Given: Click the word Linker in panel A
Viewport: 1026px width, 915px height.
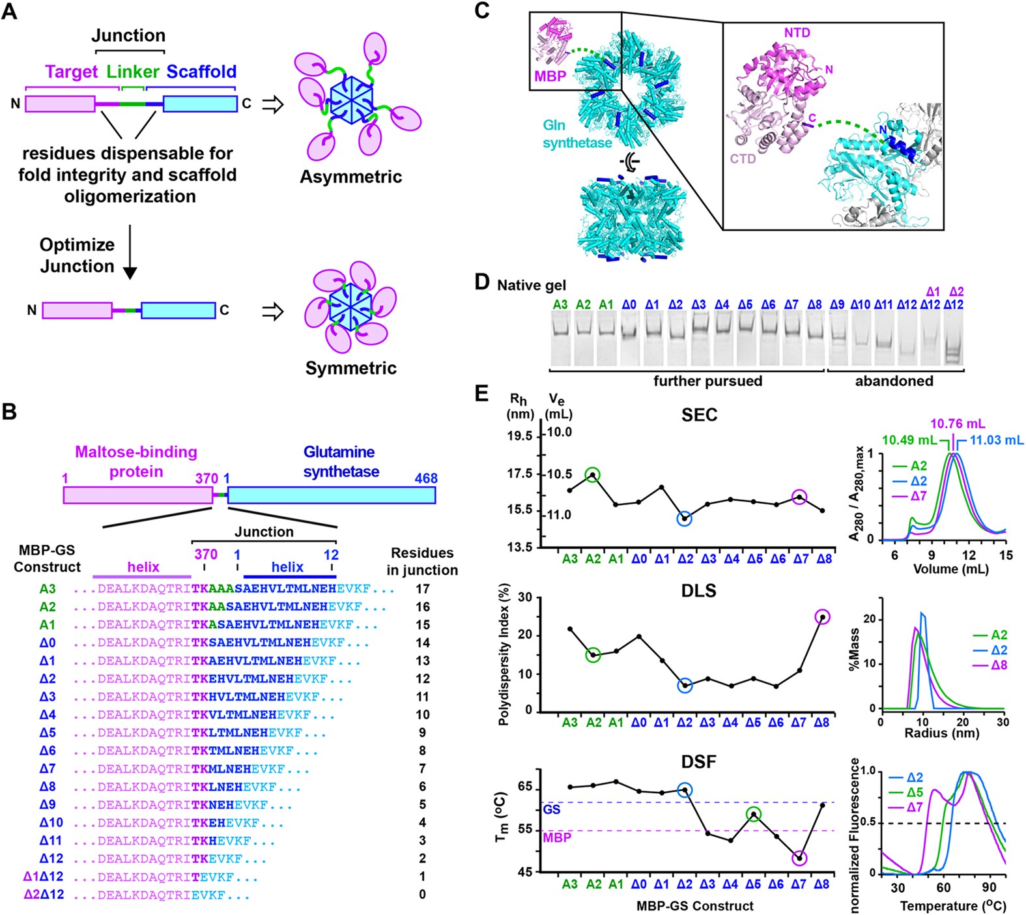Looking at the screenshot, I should pyautogui.click(x=133, y=72).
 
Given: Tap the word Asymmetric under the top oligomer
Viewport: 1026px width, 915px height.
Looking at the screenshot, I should pyautogui.click(x=350, y=177).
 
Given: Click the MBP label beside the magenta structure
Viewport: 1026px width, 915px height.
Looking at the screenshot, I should pyautogui.click(x=550, y=76).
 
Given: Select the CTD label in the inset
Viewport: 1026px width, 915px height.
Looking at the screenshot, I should pyautogui.click(x=743, y=158).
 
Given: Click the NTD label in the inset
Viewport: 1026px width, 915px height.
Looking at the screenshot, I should pyautogui.click(x=797, y=33).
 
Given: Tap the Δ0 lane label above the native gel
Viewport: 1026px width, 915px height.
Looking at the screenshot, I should pyautogui.click(x=629, y=304).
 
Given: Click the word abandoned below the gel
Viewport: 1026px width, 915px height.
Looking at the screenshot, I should pyautogui.click(x=894, y=381).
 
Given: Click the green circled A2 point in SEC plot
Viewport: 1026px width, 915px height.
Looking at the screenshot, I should pyautogui.click(x=593, y=475).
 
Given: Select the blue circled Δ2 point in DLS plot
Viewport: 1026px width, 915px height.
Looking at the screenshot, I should pyautogui.click(x=685, y=686).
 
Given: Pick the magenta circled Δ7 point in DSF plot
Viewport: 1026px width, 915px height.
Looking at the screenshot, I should pyautogui.click(x=800, y=858).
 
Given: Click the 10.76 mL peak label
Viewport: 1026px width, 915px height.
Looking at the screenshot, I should pyautogui.click(x=957, y=424).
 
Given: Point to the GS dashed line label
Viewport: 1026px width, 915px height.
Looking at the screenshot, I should pyautogui.click(x=552, y=809).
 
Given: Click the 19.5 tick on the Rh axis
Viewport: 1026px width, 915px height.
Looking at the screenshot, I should pyautogui.click(x=520, y=435).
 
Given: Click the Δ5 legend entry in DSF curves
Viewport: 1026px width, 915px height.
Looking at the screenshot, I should pyautogui.click(x=914, y=792).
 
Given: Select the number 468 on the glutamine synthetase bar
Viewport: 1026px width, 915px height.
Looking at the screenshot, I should pyautogui.click(x=426, y=478).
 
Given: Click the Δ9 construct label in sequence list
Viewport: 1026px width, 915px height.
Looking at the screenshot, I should pyautogui.click(x=48, y=804).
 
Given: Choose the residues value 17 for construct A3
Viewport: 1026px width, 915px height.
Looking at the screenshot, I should pyautogui.click(x=422, y=589).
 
